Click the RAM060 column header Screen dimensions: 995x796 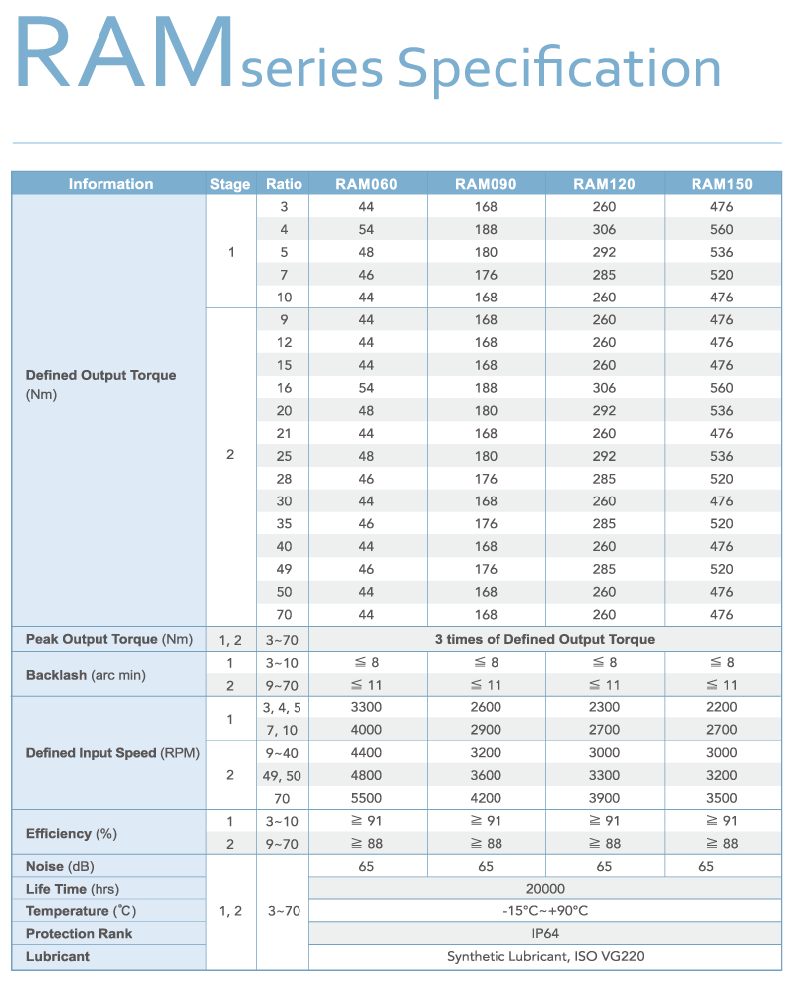click(366, 184)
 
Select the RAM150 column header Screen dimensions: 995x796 click(722, 184)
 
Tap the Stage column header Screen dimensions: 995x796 click(230, 184)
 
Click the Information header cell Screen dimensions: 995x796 click(110, 184)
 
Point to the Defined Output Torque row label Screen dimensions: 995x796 click(100, 376)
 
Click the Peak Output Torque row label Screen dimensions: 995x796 click(108, 639)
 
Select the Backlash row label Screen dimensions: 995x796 click(86, 675)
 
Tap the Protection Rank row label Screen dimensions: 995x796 click(79, 934)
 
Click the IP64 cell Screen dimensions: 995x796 click(545, 934)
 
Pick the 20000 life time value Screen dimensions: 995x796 click(545, 889)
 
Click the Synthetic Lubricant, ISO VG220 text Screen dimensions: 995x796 click(545, 957)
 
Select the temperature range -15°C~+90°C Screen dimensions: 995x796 click(545, 911)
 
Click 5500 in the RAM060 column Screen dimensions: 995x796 click(366, 798)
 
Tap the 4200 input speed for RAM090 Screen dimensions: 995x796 click(486, 798)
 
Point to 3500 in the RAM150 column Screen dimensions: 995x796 click(722, 798)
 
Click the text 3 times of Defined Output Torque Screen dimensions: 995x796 click(545, 639)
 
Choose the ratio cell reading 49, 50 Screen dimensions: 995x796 click(283, 775)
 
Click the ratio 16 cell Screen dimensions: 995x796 click(283, 388)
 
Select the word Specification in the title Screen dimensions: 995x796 click(559, 68)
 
